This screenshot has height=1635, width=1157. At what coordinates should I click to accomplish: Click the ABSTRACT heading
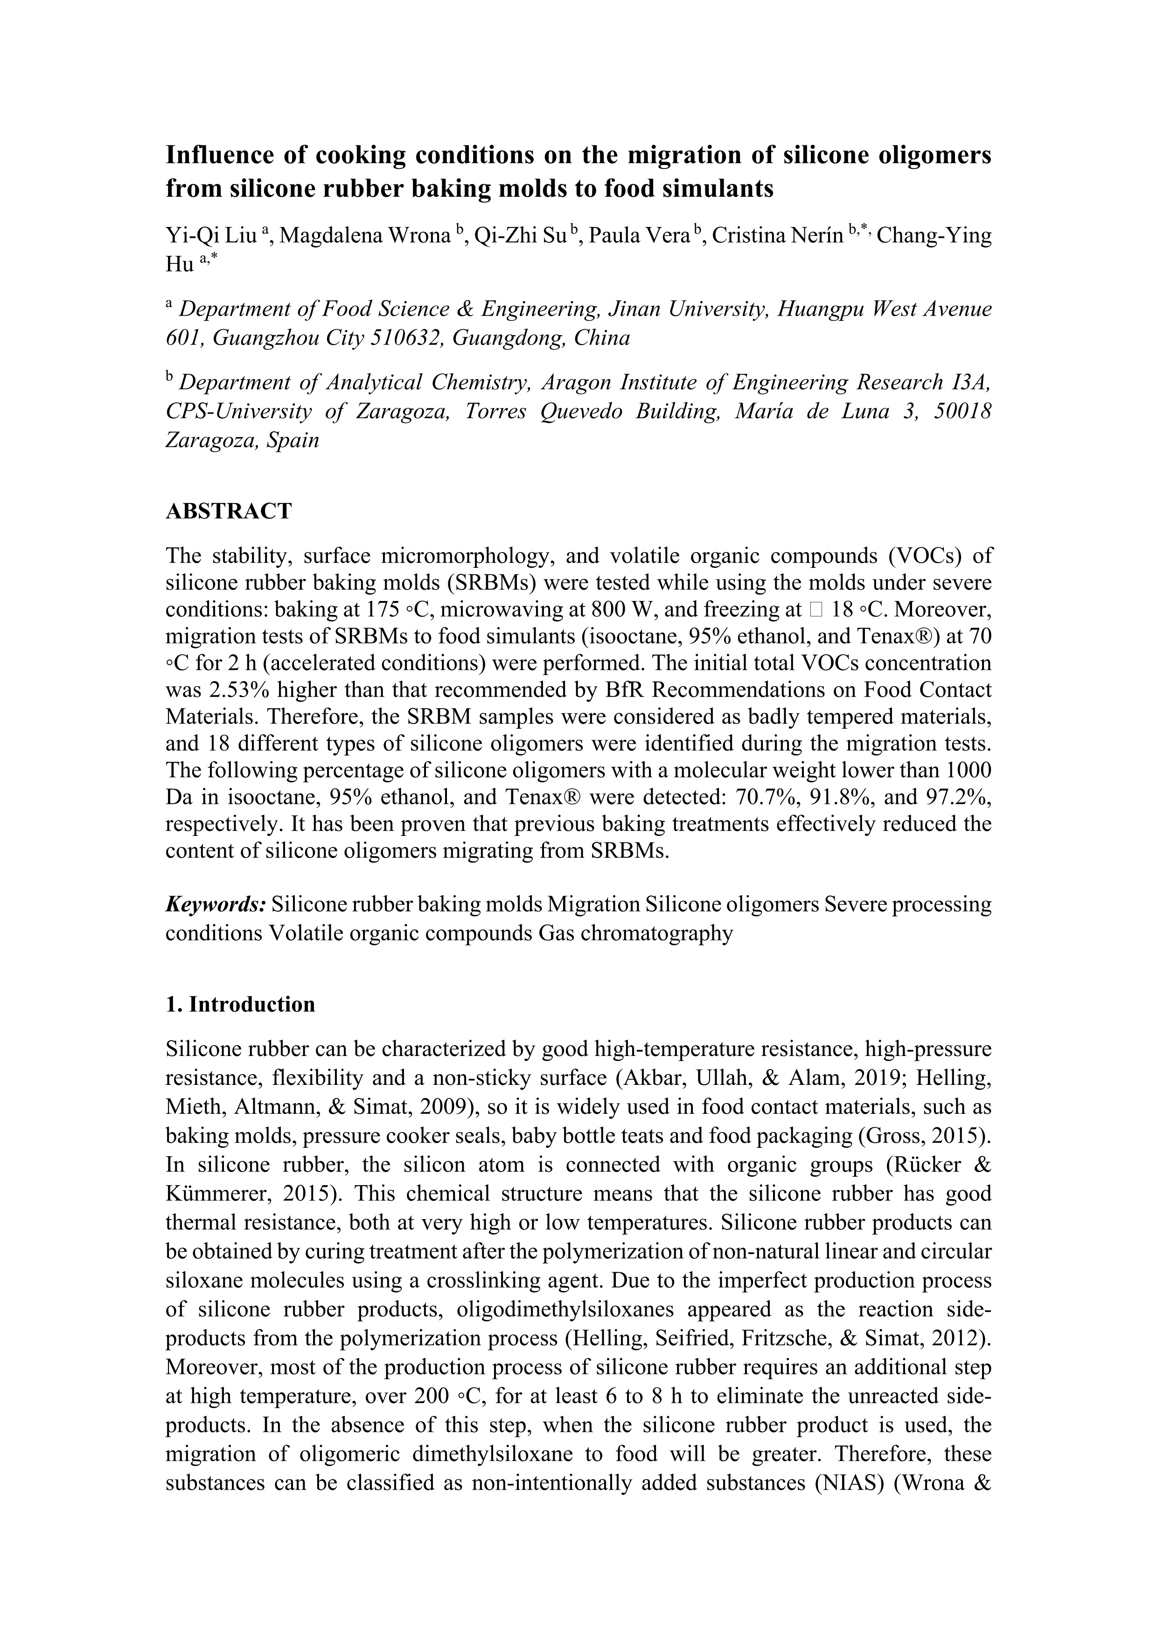(x=229, y=511)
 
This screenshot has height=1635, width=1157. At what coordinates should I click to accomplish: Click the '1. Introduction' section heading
(x=240, y=1004)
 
